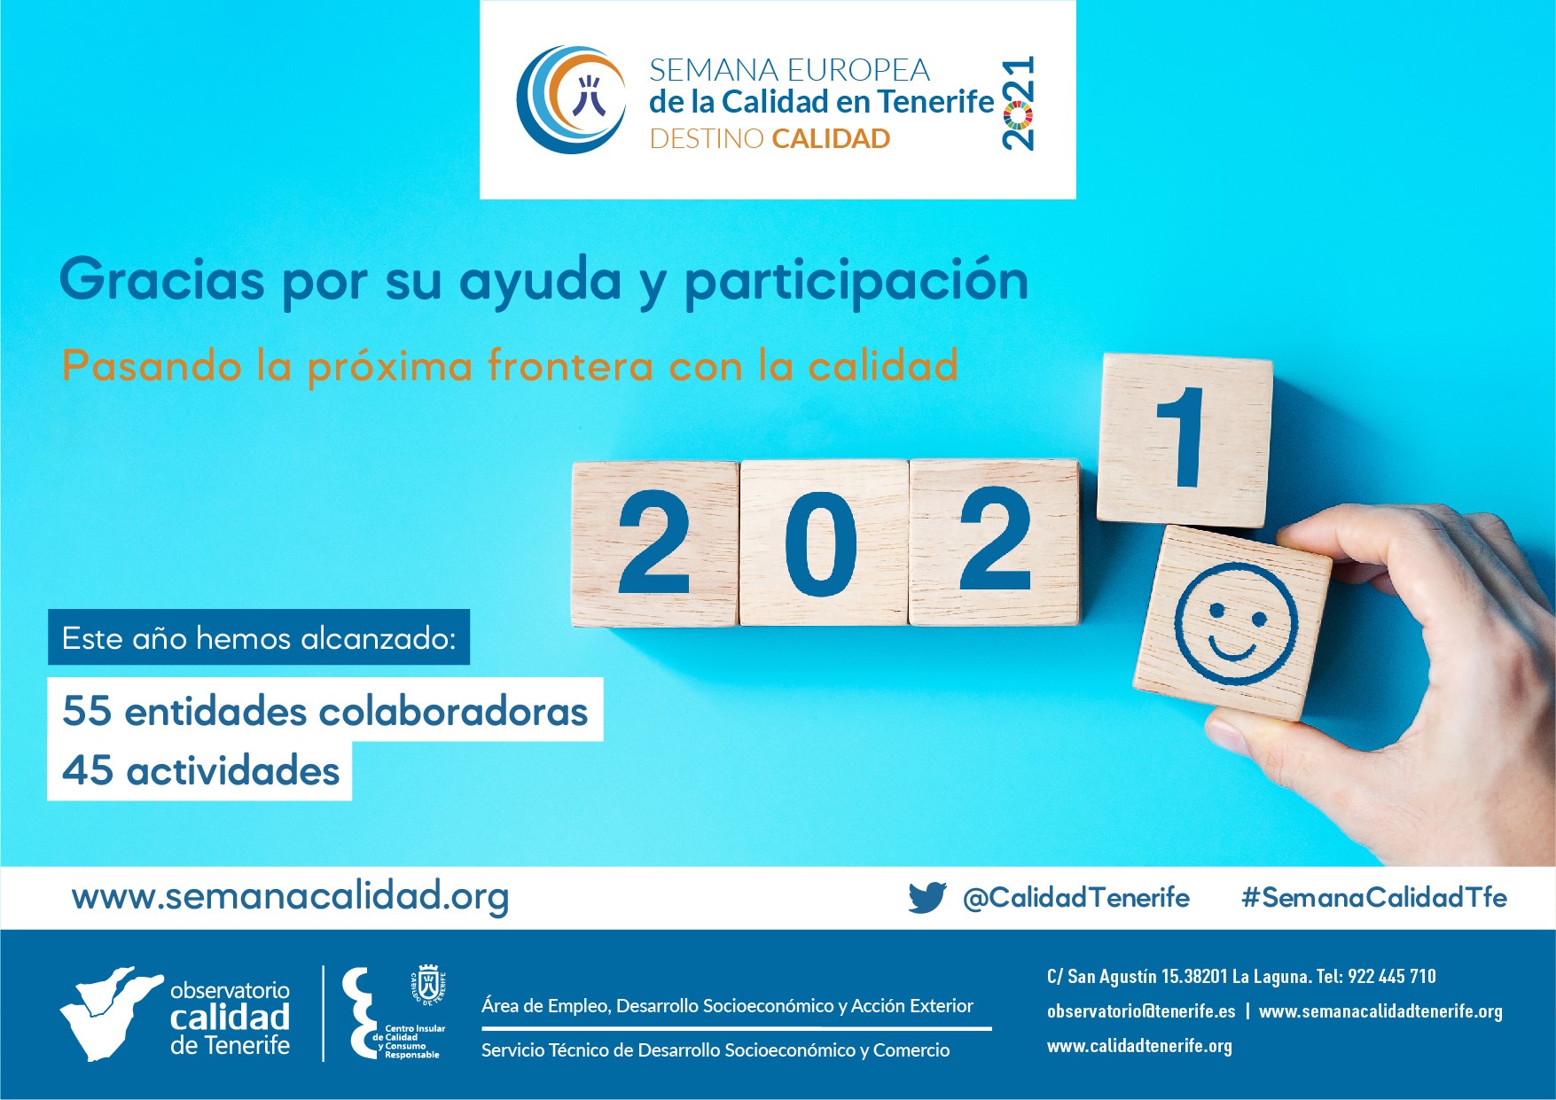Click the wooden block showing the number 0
824,542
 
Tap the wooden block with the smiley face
1233,622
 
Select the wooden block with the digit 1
1185,440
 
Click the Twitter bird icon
927,897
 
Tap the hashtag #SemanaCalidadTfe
1374,897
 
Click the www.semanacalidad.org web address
290,897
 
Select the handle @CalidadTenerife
1076,898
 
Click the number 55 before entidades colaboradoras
87,711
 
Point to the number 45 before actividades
87,770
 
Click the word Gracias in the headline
162,280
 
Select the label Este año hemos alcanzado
259,637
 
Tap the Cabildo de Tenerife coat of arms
428,985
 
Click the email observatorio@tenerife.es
1141,1011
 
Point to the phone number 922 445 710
1392,977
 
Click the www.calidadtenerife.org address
1139,1046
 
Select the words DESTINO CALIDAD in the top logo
770,139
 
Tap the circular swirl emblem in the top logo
571,99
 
